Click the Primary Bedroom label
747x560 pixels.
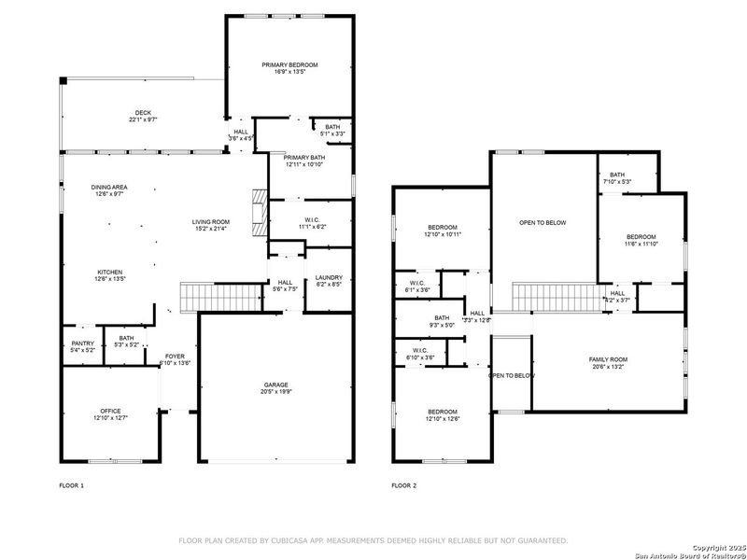[x=289, y=65]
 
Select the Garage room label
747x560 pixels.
[x=275, y=385]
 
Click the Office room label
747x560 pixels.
[x=110, y=411]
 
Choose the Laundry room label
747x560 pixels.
[x=329, y=277]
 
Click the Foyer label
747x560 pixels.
[x=176, y=357]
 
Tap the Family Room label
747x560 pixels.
[x=608, y=359]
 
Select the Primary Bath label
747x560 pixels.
[x=304, y=159]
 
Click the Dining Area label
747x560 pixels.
[x=108, y=188]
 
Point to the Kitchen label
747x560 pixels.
[x=108, y=272]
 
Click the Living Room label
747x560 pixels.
[x=211, y=221]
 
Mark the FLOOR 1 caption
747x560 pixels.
[x=72, y=485]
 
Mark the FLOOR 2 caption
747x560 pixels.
[x=404, y=485]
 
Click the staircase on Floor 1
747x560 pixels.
[x=197, y=298]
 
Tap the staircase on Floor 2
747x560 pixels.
[x=557, y=299]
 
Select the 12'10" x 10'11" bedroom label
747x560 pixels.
[x=443, y=228]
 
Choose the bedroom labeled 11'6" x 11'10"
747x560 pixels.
[x=641, y=237]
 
